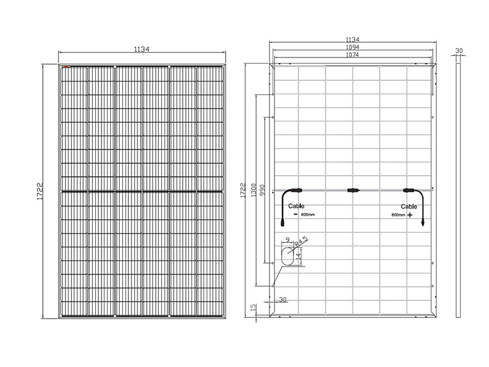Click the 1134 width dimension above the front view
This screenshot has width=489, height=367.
142,50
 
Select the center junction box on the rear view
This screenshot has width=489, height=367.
352,191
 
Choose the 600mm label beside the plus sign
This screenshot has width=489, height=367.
398,216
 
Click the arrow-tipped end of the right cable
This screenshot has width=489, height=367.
421,224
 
